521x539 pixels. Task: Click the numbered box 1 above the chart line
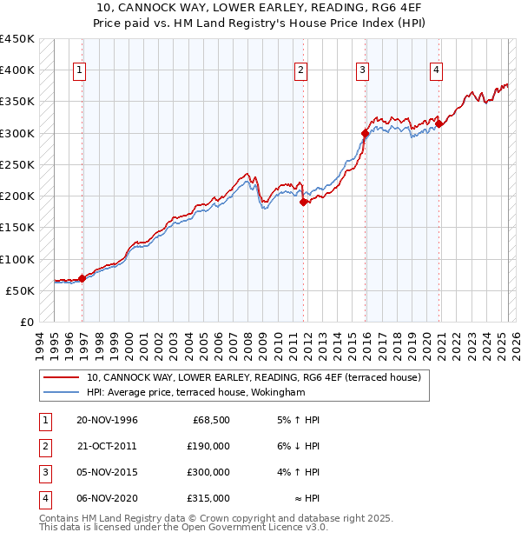pos(79,71)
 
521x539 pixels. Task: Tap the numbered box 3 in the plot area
pos(362,71)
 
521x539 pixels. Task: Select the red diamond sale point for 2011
pos(304,202)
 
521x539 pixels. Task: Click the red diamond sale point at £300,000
pos(366,133)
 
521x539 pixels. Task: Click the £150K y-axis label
pos(17,228)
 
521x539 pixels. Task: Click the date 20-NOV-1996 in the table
pos(107,421)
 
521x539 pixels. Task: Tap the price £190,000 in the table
pos(208,446)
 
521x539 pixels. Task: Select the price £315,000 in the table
pos(208,498)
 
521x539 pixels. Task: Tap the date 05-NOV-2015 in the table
pos(107,472)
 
